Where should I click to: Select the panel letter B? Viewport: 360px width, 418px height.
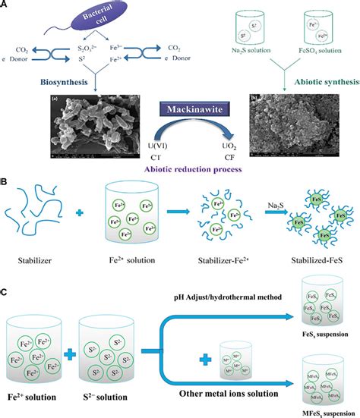click(x=6, y=182)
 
